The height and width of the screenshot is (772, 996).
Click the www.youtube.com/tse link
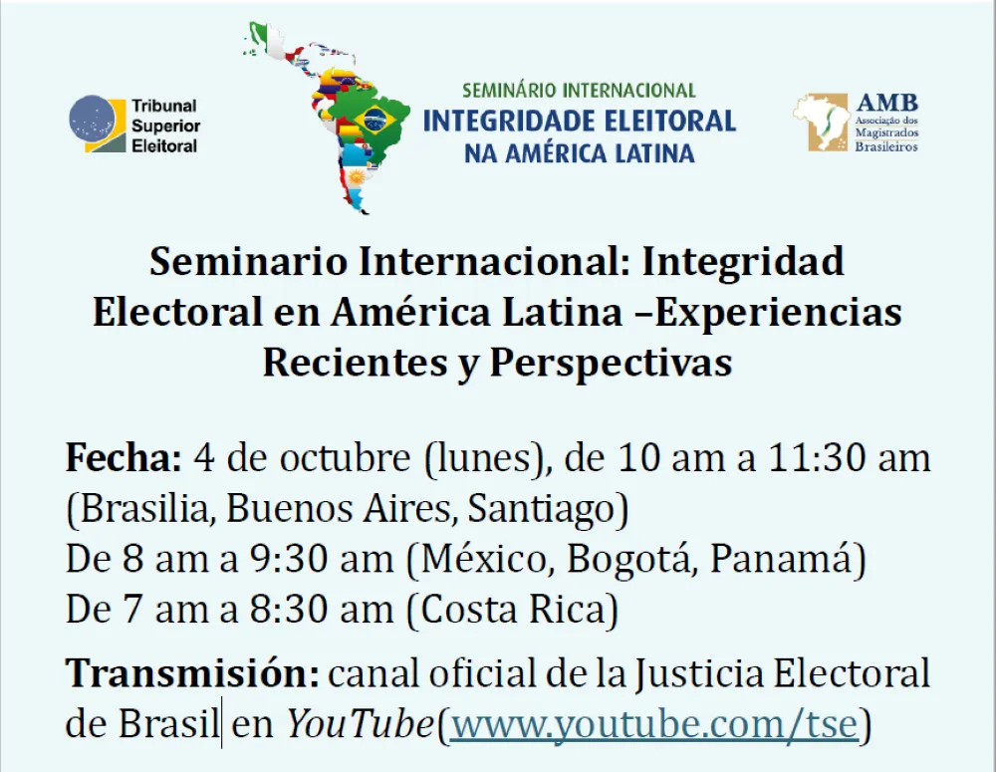pyautogui.click(x=654, y=724)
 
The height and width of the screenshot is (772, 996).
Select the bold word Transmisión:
pyautogui.click(x=192, y=672)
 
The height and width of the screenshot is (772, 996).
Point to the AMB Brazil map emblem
pyautogui.click(x=821, y=123)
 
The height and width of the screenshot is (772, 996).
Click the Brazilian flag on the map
pyautogui.click(x=374, y=120)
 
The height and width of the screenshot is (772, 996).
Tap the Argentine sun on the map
pyautogui.click(x=356, y=176)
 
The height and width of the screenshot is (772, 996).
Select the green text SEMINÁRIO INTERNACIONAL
pyautogui.click(x=579, y=91)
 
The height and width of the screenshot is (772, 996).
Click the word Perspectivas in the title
pyautogui.click(x=611, y=364)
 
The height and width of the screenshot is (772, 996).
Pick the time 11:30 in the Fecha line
pyautogui.click(x=816, y=457)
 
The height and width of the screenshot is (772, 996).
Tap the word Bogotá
pyautogui.click(x=627, y=559)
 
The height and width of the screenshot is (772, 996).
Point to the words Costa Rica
pyautogui.click(x=512, y=610)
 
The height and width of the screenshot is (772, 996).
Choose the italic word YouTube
pyautogui.click(x=361, y=724)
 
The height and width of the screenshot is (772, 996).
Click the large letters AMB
pyautogui.click(x=886, y=103)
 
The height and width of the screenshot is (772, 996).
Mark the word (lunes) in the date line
pyautogui.click(x=484, y=459)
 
